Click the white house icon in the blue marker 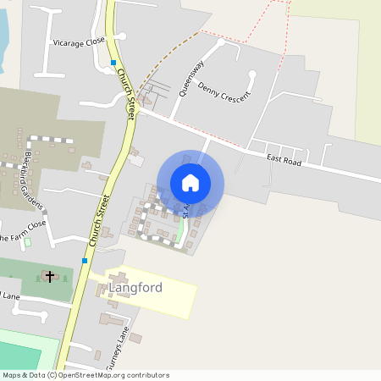pos(190,182)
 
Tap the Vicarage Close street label pos(78,41)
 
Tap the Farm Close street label pos(24,226)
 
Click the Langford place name pos(135,289)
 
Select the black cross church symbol pos(49,276)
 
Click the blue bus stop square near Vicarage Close pos(113,63)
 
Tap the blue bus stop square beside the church pos(85,261)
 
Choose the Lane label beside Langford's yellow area pos(10,296)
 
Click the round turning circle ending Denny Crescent pos(252,75)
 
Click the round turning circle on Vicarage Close pos(123,36)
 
